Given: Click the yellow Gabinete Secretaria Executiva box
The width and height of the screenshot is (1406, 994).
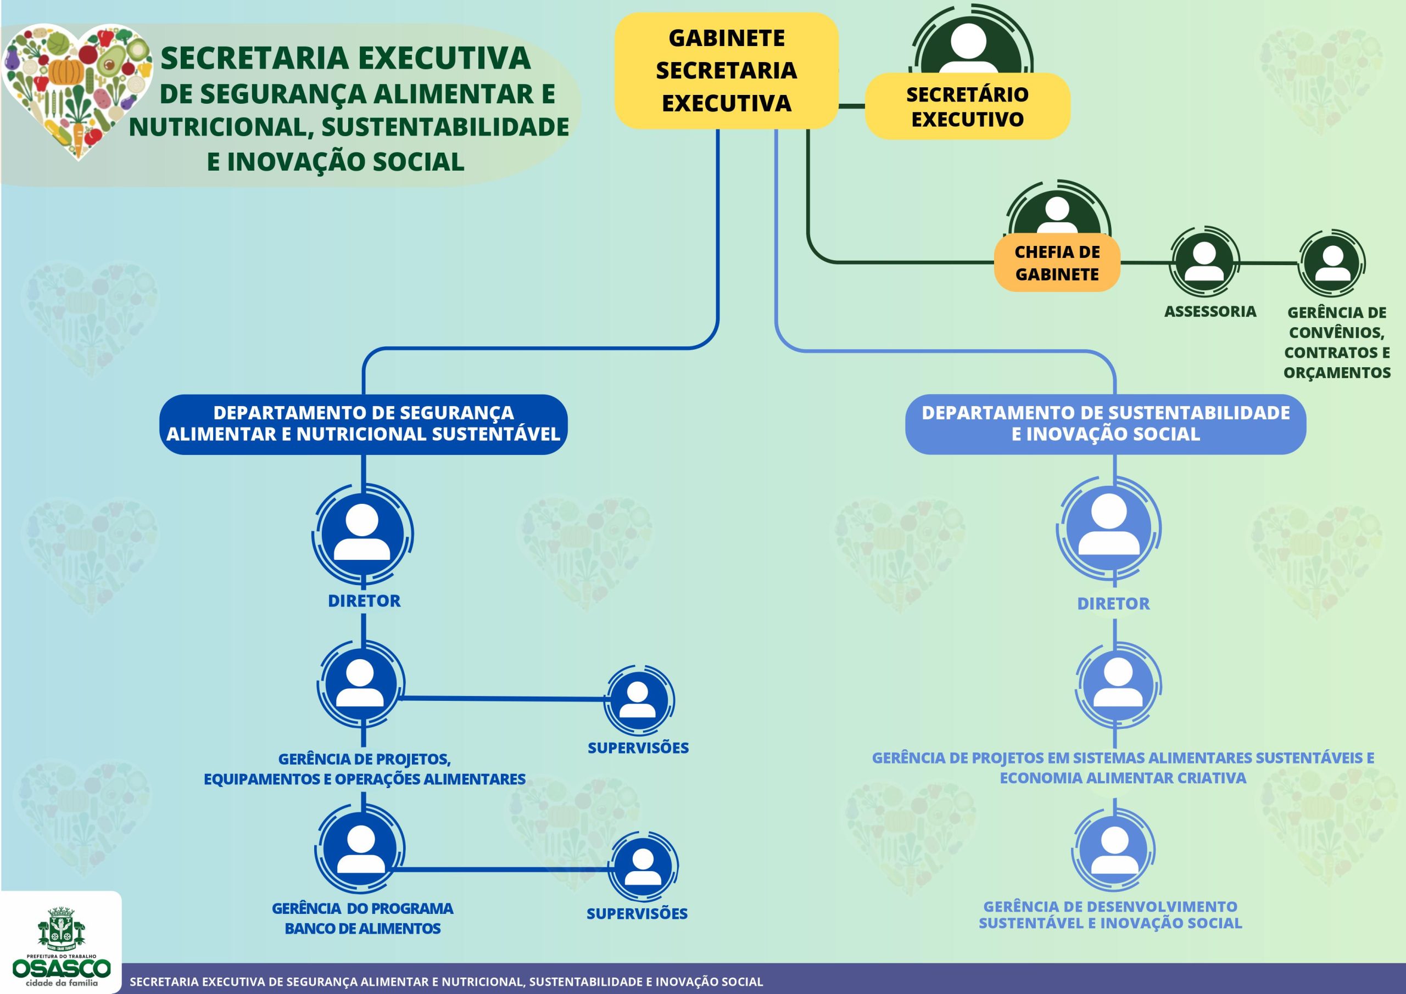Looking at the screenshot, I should (x=726, y=71).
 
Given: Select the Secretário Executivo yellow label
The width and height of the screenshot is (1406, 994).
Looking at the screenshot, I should (x=967, y=106).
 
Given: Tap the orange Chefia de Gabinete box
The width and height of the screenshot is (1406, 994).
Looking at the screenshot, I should (x=1057, y=262).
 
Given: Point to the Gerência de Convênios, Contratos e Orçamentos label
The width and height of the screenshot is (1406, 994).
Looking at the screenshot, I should (x=1337, y=342).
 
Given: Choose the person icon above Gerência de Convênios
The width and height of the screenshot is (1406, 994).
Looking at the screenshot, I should (x=1332, y=263).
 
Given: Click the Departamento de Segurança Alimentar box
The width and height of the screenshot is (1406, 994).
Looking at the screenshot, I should (x=363, y=424).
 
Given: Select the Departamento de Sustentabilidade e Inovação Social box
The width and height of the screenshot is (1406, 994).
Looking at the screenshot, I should (x=1106, y=424).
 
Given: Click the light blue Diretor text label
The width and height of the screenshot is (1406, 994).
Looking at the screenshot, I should (x=1113, y=604).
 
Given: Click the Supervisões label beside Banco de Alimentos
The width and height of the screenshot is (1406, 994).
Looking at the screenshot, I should (x=637, y=914).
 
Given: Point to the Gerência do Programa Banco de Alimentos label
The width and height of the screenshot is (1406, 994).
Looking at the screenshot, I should (x=362, y=918).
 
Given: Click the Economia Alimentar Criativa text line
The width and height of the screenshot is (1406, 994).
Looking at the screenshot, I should (x=1123, y=778).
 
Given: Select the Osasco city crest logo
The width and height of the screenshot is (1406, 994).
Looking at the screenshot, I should (x=61, y=927).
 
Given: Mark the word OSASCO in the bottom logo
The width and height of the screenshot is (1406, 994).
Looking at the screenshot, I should (x=61, y=968).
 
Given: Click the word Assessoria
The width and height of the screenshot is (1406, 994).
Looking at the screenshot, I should (x=1209, y=312).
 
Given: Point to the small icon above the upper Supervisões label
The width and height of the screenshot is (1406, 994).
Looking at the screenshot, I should (x=638, y=700).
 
